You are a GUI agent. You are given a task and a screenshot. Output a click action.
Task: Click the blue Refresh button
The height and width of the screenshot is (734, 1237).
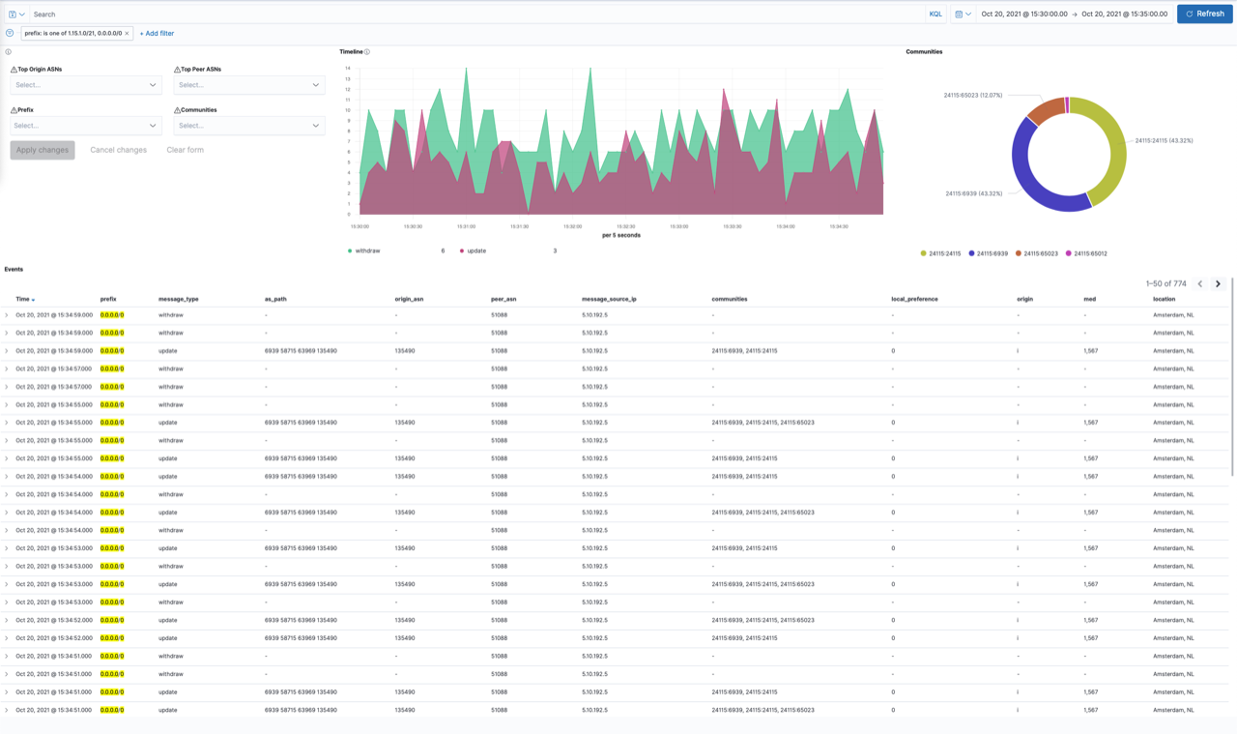click(x=1204, y=14)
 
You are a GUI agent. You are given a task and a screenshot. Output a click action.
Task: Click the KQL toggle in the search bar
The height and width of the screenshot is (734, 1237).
click(x=935, y=15)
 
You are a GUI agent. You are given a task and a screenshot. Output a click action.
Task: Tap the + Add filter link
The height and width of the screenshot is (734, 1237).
click(x=157, y=34)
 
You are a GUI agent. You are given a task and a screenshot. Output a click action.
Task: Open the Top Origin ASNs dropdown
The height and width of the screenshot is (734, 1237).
click(x=85, y=85)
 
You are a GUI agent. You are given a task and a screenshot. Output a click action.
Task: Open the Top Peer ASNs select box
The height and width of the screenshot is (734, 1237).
click(x=248, y=85)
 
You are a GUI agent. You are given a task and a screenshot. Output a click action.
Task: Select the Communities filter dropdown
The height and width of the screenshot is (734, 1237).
click(x=248, y=126)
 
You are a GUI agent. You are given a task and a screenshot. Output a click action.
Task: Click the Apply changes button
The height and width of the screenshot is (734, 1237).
click(x=43, y=150)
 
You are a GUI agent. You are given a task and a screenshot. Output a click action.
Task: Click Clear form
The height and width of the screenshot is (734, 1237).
click(x=185, y=150)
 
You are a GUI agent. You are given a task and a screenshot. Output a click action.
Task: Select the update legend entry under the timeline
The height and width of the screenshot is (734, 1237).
click(x=476, y=250)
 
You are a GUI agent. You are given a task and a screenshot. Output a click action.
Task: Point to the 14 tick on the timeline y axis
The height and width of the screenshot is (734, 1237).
click(x=348, y=69)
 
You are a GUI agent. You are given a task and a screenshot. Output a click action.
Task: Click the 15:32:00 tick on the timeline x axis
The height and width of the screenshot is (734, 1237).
click(x=572, y=226)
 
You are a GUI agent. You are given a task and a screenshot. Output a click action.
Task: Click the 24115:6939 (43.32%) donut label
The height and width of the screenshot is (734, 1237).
click(x=973, y=193)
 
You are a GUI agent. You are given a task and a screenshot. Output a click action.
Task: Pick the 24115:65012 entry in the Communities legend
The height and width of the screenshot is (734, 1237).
click(x=1089, y=253)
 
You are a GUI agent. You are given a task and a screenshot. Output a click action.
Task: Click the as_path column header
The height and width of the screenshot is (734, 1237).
click(x=275, y=299)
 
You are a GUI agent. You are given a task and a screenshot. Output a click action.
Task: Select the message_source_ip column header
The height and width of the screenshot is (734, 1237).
click(x=609, y=299)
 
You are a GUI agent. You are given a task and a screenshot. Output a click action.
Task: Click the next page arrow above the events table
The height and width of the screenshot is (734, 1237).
click(x=1218, y=284)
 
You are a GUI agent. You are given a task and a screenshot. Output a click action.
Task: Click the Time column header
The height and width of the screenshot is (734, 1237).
click(x=23, y=299)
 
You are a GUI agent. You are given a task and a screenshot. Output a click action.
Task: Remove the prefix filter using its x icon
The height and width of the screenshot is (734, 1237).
click(x=127, y=34)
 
